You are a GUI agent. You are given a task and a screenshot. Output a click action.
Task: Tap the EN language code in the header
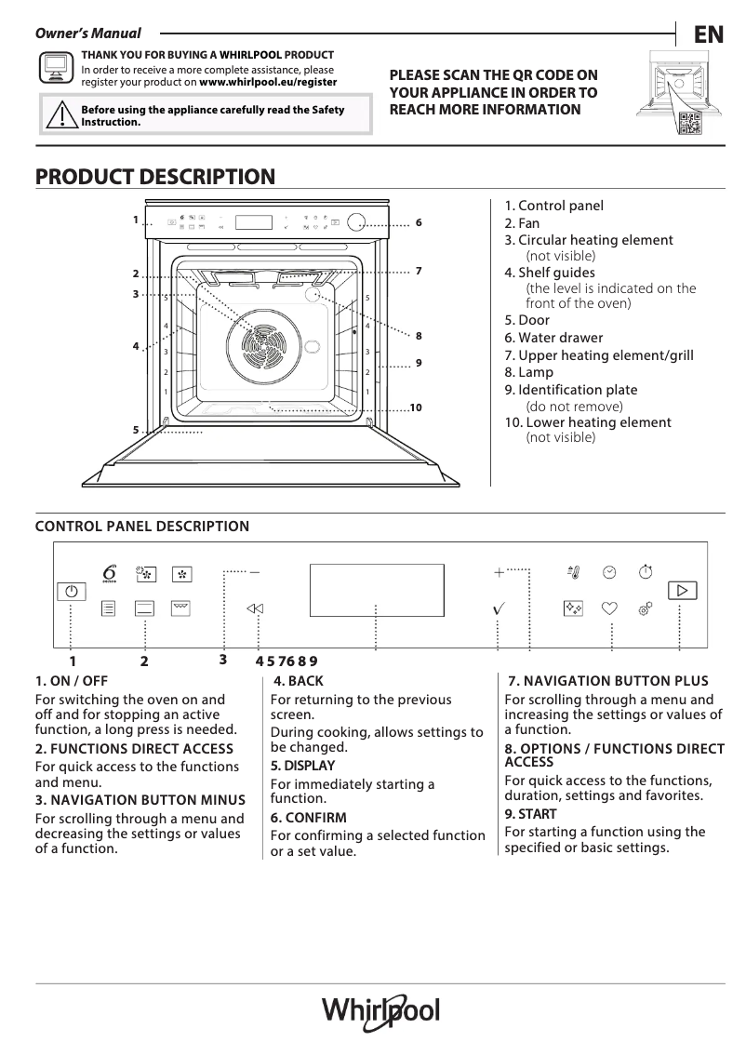[x=708, y=34]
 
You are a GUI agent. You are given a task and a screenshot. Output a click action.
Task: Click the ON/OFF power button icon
[x=71, y=592]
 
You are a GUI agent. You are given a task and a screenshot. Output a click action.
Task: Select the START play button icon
[x=682, y=591]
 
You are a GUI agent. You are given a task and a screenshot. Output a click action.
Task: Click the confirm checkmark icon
[x=499, y=608]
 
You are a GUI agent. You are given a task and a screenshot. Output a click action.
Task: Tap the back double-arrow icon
[x=255, y=608]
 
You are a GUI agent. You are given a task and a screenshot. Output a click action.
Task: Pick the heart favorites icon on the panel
[x=609, y=608]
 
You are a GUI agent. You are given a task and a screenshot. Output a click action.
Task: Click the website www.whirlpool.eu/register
[x=268, y=83]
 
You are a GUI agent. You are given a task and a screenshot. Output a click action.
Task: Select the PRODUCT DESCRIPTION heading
[x=154, y=177]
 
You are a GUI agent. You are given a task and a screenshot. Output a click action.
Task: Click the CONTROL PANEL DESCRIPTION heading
[x=141, y=527]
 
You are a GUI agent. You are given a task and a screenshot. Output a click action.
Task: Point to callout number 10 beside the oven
[x=416, y=407]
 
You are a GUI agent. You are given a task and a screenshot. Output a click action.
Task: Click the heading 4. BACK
[x=299, y=681]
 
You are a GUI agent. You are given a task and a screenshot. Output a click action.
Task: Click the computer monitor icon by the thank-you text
[x=55, y=67]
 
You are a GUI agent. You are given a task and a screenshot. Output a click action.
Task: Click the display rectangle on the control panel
[x=375, y=589]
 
